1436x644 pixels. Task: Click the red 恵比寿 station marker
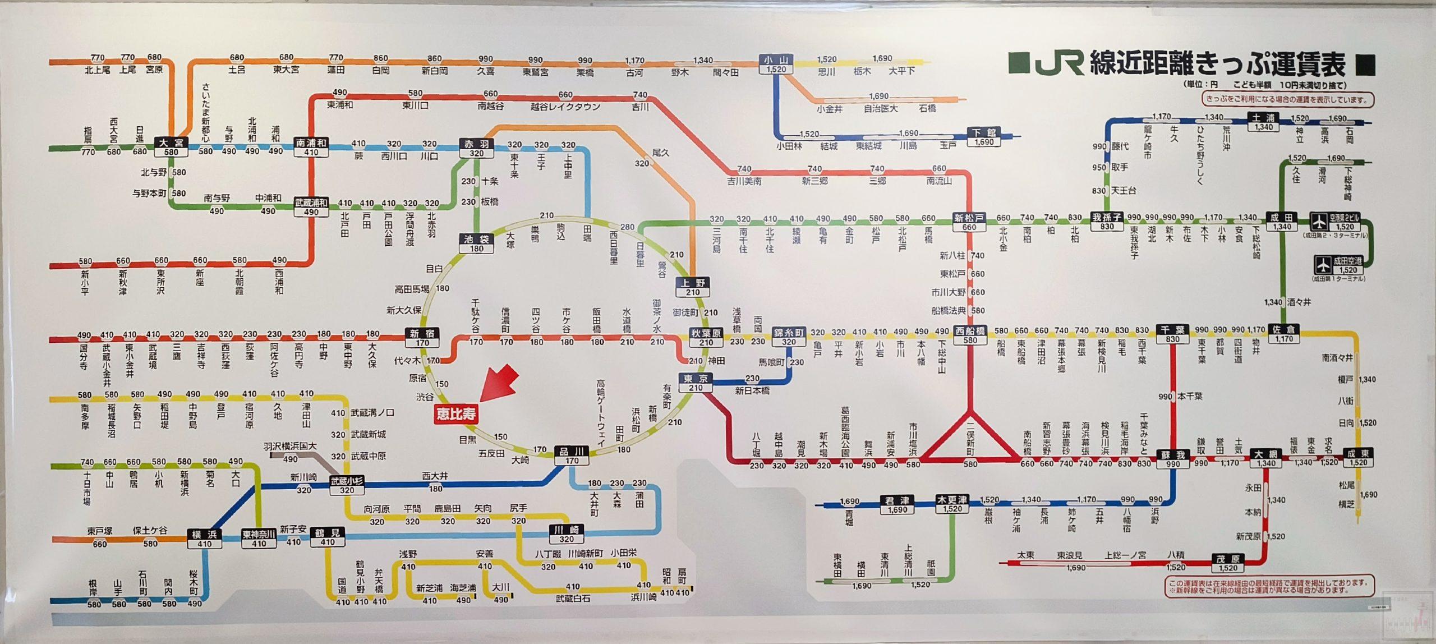[x=457, y=414]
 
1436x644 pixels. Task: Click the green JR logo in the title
[x=1058, y=63]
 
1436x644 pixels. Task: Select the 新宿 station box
[x=422, y=338]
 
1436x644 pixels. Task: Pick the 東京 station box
[x=696, y=383]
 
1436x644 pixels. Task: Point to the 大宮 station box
[x=171, y=147]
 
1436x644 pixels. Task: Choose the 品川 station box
[x=572, y=456]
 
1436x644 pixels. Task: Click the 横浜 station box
[x=204, y=539]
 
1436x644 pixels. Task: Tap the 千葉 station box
[x=1172, y=334]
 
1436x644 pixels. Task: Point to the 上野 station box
[x=693, y=287]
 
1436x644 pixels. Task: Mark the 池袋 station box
[x=476, y=243]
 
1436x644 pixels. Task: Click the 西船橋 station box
[x=970, y=335]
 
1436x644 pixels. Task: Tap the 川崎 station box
[x=566, y=534]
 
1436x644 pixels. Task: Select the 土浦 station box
[x=1263, y=122]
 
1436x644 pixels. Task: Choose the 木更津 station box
[x=952, y=504]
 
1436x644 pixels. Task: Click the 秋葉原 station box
[x=706, y=338]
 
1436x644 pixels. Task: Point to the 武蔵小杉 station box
[x=347, y=485]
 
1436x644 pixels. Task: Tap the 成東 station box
[x=1359, y=458]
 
